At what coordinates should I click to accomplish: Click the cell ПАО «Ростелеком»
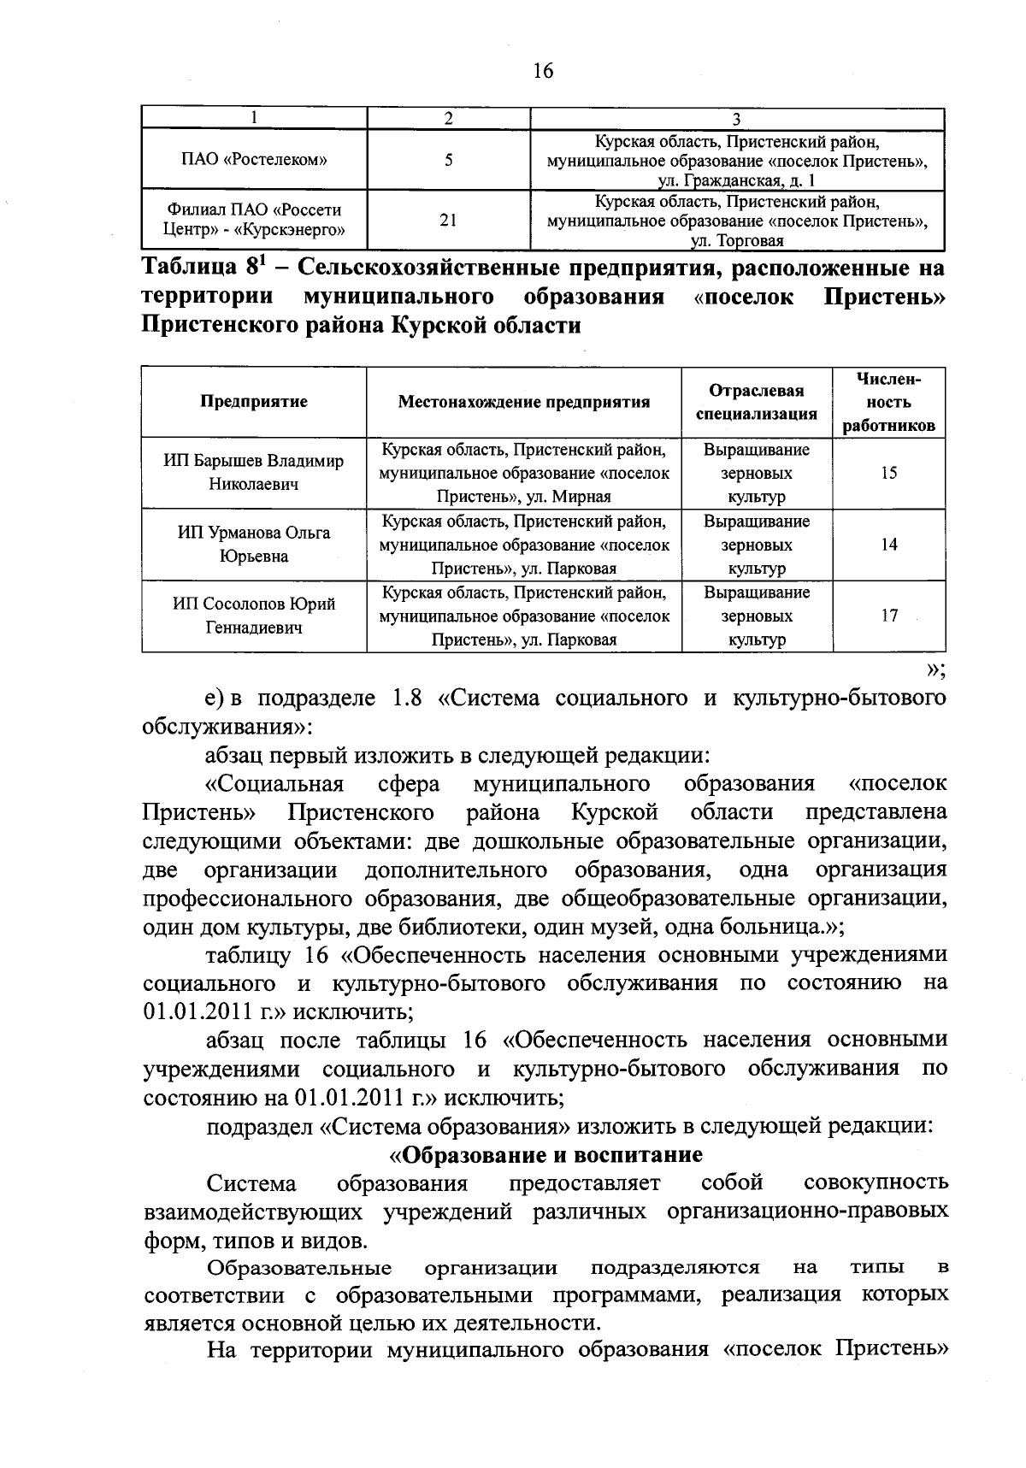pos(255,159)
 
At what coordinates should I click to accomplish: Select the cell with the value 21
pos(448,220)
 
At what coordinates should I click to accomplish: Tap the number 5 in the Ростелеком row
pos(448,159)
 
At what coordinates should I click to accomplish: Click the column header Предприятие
pos(254,401)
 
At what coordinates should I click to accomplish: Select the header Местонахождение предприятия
pos(523,402)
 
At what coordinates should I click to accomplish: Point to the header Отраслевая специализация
pos(756,402)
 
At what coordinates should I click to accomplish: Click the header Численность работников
pos(887,402)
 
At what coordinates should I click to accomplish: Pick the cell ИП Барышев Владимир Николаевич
pos(254,473)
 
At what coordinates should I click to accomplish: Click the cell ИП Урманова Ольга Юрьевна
pos(254,545)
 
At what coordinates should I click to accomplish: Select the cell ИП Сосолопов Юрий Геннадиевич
pos(254,616)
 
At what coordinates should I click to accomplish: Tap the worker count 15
pos(888,473)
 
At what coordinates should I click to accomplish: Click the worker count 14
pos(888,545)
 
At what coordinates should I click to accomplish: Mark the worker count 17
pos(888,616)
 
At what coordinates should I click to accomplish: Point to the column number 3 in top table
pos(736,118)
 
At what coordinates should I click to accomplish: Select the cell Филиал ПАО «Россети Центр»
pos(255,220)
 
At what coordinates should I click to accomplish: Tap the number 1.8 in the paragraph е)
pos(405,699)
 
